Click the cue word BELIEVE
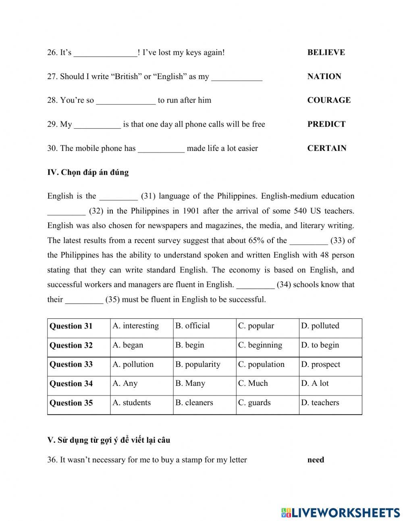[x=326, y=52]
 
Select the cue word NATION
[x=324, y=76]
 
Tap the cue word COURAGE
[x=329, y=100]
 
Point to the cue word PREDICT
[x=326, y=124]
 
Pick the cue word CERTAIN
[x=327, y=148]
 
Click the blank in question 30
[x=161, y=149]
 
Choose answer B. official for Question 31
[x=193, y=326]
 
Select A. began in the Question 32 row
[x=128, y=345]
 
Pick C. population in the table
[x=261, y=364]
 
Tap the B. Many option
[x=190, y=383]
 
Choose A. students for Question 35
[x=132, y=402]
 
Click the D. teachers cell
[x=320, y=402]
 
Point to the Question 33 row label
[x=71, y=364]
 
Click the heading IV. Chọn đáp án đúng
[x=88, y=172]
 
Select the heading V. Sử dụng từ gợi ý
[x=108, y=440]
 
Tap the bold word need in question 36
[x=316, y=460]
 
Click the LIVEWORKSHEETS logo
[x=341, y=512]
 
